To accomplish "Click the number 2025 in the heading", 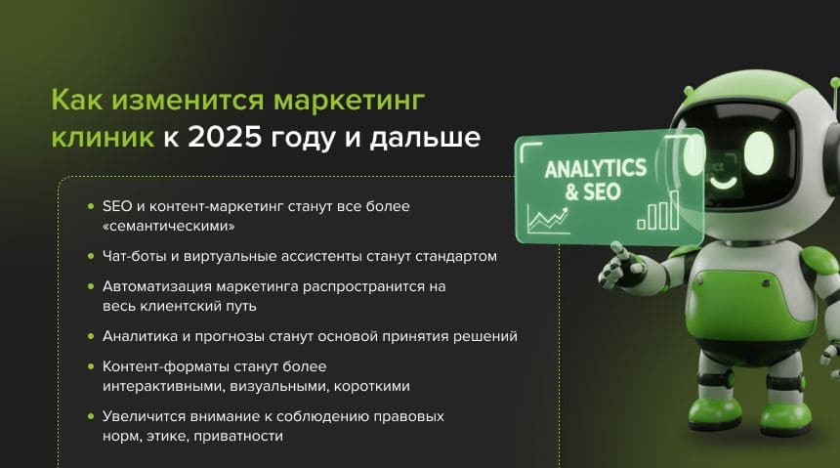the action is (225, 137).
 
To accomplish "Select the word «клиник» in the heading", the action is (103, 137).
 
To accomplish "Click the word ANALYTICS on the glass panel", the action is (595, 169).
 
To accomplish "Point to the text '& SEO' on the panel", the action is (593, 191).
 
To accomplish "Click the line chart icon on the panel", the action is (548, 220).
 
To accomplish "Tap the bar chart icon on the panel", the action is (658, 211).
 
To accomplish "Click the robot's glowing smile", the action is (723, 184).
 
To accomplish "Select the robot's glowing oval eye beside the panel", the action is (759, 152).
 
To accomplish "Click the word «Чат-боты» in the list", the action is (135, 256).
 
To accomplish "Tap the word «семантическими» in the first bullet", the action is (169, 227).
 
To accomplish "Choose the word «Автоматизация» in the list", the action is (157, 286).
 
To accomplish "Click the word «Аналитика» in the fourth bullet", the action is (140, 337).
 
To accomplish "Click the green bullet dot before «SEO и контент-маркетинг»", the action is (91, 206).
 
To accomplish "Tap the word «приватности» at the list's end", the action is (238, 437).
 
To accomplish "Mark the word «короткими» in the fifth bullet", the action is (372, 387).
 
